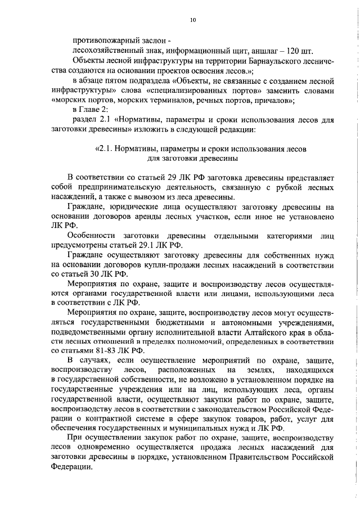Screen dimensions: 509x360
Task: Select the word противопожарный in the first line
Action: click(100, 40)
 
